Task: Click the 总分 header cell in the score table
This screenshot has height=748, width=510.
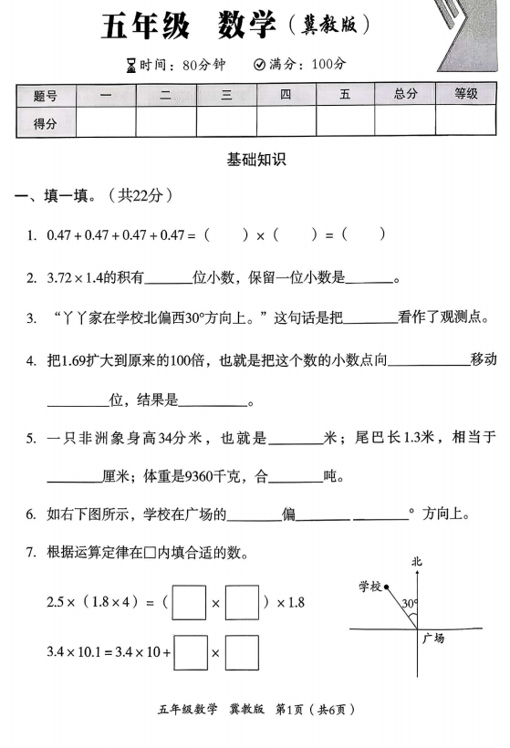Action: point(406,94)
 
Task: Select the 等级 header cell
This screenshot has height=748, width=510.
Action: point(465,94)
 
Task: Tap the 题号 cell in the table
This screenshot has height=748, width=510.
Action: point(45,95)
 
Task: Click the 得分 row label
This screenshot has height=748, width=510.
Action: point(45,123)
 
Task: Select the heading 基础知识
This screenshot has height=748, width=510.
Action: point(256,159)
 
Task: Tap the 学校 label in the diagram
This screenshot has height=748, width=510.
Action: point(369,586)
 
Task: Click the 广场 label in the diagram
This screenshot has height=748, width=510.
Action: point(433,639)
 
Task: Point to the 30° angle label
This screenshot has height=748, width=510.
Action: point(410,603)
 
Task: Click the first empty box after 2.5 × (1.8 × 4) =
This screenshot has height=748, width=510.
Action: point(189,603)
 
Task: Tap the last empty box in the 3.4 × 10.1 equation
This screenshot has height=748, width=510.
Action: point(243,653)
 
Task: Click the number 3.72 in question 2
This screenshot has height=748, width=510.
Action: point(63,278)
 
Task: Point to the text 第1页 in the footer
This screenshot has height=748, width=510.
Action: point(288,709)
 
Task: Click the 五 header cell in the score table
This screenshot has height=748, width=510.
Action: point(345,94)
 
